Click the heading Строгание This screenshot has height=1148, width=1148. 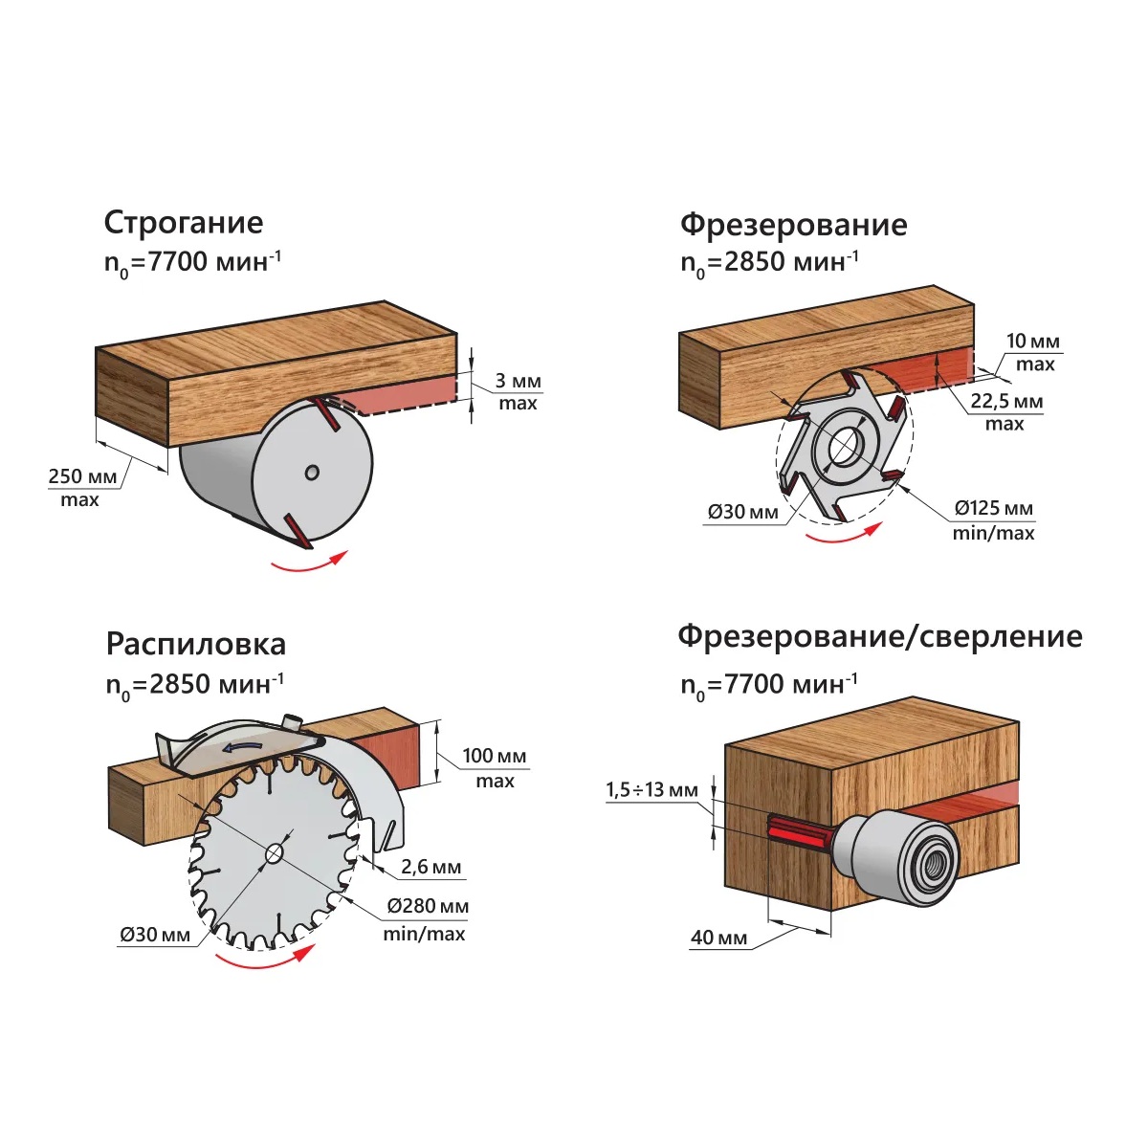[x=183, y=223]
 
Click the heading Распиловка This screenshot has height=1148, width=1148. [x=195, y=644]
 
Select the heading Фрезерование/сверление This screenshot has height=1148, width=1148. [x=879, y=636]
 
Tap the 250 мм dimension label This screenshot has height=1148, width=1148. [x=83, y=476]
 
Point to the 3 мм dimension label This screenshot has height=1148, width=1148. [x=518, y=381]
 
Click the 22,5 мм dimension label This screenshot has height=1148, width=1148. [x=1006, y=401]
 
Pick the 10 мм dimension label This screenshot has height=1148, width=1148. [x=1033, y=342]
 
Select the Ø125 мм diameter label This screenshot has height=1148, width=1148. [x=994, y=508]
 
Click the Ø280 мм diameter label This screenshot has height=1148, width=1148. [x=428, y=906]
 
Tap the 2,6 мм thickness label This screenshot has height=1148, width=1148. [x=430, y=868]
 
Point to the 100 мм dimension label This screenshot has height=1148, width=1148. [x=495, y=756]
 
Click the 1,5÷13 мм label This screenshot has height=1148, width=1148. [x=651, y=790]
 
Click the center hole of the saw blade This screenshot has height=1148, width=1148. [x=274, y=853]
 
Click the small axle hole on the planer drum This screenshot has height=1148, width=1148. [x=312, y=472]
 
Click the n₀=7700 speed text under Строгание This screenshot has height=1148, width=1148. [x=192, y=262]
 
